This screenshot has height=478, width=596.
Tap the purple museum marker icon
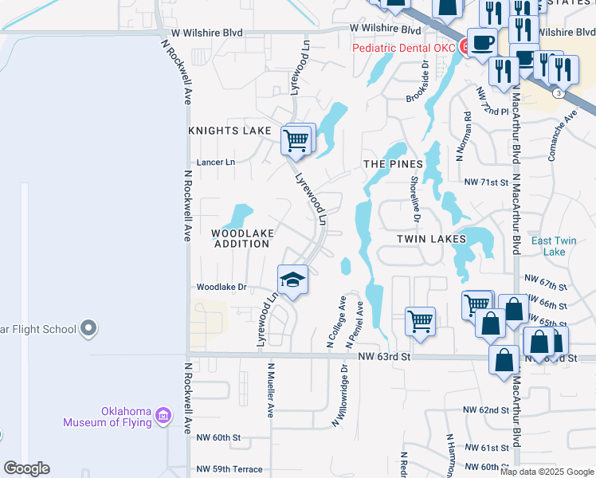coord(164,415)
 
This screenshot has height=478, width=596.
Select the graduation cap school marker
coord(292,280)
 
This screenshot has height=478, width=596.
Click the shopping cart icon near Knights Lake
coord(296,141)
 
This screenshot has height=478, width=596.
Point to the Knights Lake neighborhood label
coord(230,130)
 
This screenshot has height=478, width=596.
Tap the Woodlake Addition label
coord(242,238)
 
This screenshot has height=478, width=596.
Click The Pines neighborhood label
coord(393,164)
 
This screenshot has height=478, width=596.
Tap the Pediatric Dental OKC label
coord(404,48)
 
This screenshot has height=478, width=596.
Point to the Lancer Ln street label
coord(216,162)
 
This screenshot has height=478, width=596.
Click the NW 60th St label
coord(218,437)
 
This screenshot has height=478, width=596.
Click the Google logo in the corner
coord(26,468)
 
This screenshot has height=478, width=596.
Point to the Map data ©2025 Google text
coord(547,472)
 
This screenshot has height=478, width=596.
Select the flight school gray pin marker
coord(88,328)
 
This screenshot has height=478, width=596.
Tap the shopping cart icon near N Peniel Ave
coord(420,321)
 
